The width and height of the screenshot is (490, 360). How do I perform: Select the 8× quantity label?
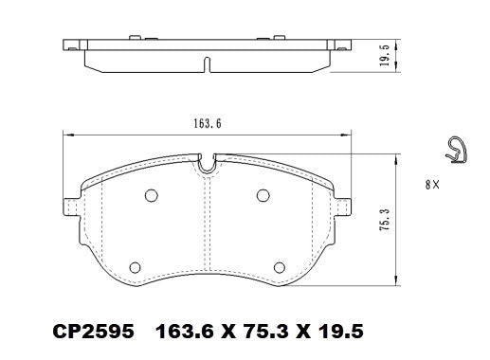[432, 184]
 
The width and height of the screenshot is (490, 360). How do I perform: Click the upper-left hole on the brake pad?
[150, 195]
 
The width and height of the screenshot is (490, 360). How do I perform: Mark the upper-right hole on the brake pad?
[263, 195]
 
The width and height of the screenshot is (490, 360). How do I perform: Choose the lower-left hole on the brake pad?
[136, 268]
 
